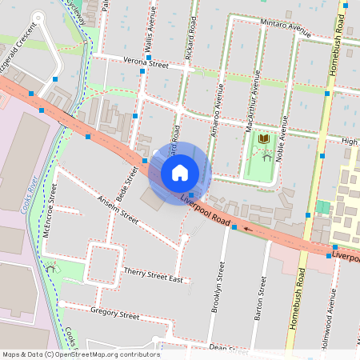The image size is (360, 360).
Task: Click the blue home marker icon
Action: [x=180, y=172]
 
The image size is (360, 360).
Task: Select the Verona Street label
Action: [x=146, y=63]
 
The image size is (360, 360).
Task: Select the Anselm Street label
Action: [x=118, y=208]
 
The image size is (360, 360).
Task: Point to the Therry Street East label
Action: [x=154, y=276]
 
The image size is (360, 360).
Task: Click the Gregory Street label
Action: [x=114, y=313]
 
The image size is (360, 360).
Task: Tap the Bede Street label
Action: [x=123, y=182]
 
